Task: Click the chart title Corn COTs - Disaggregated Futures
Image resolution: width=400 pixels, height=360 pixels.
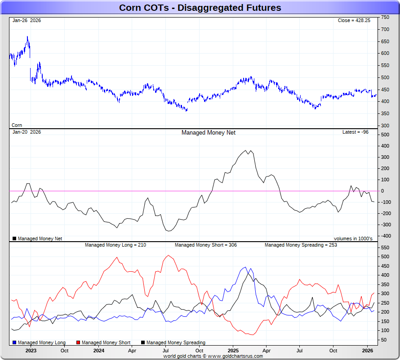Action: (x=200, y=8)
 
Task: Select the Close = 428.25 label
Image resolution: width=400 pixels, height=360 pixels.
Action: (x=354, y=21)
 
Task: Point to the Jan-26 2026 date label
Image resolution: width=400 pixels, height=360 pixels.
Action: (x=27, y=21)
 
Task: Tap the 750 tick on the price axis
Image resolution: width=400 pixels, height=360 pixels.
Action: (x=385, y=17)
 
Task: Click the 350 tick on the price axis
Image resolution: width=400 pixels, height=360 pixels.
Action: (x=385, y=113)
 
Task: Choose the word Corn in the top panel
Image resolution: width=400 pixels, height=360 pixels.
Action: (x=17, y=125)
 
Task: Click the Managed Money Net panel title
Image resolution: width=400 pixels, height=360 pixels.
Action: (x=208, y=133)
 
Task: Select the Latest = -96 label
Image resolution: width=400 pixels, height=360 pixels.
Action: (x=355, y=132)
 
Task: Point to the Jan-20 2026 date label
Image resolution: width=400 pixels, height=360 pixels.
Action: (x=27, y=132)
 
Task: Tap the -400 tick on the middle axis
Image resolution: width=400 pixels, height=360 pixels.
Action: (x=385, y=236)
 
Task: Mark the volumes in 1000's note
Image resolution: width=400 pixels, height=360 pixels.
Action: (x=353, y=238)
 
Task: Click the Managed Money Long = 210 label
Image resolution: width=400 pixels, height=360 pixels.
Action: (x=115, y=245)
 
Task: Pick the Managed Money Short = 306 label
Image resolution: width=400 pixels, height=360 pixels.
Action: (x=205, y=245)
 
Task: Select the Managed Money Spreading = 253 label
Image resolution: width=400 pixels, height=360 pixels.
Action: (x=301, y=245)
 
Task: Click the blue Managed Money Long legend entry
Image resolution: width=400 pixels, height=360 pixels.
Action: (x=39, y=343)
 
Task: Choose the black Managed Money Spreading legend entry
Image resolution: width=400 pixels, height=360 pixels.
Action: (x=173, y=343)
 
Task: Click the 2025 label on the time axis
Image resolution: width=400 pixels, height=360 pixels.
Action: (x=233, y=351)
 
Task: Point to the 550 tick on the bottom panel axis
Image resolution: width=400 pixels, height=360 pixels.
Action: (x=385, y=247)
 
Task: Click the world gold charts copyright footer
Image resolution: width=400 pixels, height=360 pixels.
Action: (x=213, y=356)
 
